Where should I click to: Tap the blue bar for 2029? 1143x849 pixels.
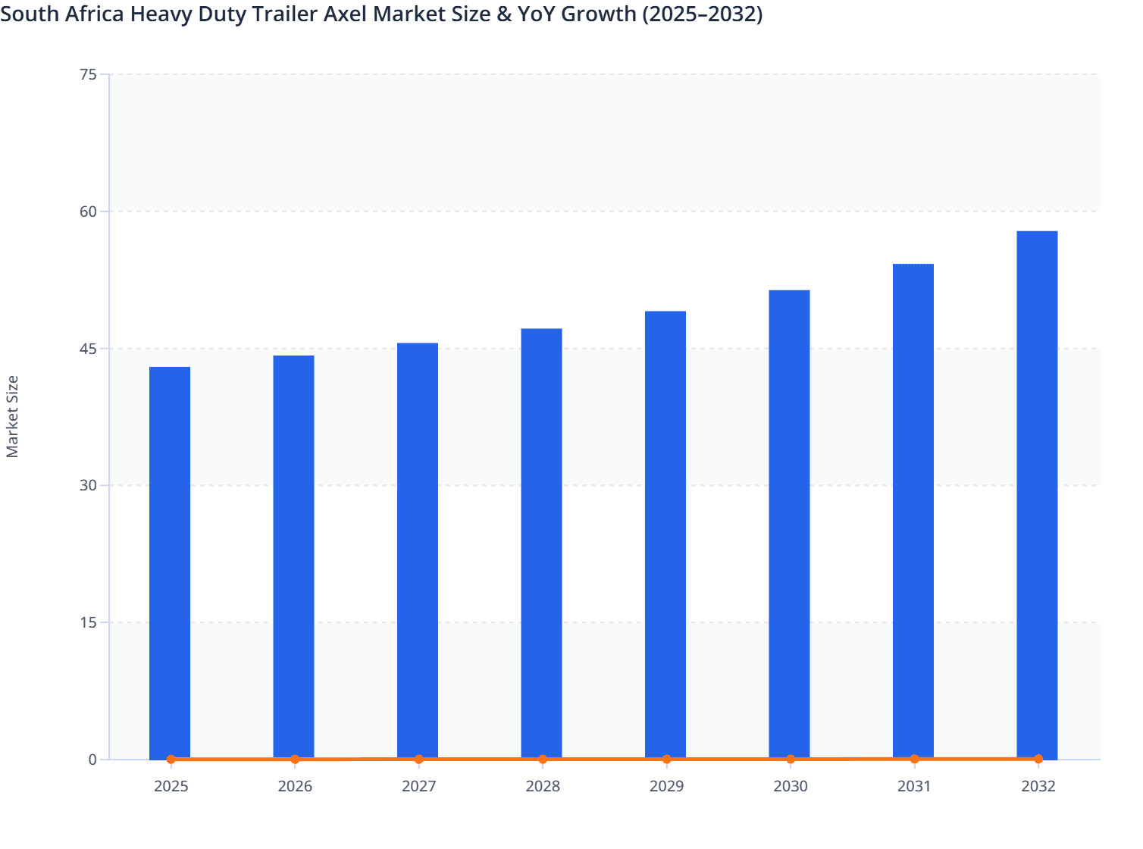[665, 535]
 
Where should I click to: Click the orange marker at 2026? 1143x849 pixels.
[295, 759]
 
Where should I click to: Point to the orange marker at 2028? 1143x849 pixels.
[543, 759]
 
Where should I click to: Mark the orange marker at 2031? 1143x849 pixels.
[914, 759]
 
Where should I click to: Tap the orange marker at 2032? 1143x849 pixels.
[1038, 759]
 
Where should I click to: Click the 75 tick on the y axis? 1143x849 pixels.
[88, 74]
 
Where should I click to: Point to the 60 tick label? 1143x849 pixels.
[88, 211]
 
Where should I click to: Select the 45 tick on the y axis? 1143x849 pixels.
[88, 349]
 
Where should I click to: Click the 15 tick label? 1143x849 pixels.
[88, 622]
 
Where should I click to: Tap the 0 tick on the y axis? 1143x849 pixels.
[92, 760]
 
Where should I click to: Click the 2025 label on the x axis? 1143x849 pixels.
[171, 786]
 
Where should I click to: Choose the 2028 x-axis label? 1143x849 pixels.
[543, 786]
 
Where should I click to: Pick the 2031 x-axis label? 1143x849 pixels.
[914, 786]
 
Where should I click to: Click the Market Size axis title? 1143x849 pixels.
[12, 416]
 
